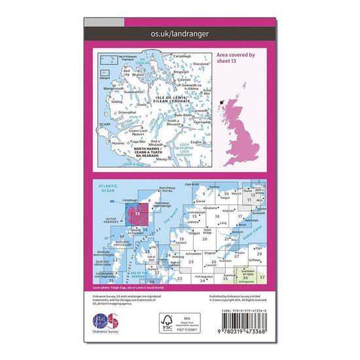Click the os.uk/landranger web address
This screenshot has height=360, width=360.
coord(179,33)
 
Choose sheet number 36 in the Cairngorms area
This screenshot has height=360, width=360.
coord(245,278)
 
